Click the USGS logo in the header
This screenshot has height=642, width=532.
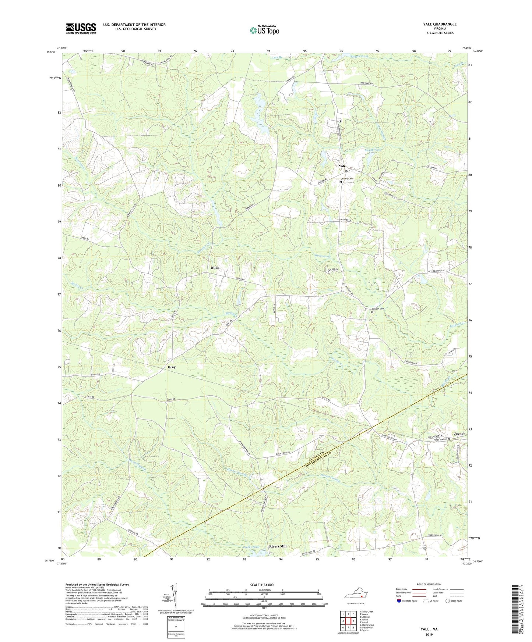point(81,28)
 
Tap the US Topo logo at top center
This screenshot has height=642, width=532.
point(264,31)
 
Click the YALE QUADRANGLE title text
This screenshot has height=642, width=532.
point(440,24)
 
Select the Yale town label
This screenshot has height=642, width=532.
point(342,166)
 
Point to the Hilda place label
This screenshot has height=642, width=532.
point(215,268)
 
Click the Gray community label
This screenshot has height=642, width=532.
point(172,367)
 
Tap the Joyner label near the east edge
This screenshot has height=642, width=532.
point(459,434)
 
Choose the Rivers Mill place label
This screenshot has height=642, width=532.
point(277,546)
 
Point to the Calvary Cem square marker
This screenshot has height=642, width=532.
point(341,182)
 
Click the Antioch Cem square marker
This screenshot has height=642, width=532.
point(371,313)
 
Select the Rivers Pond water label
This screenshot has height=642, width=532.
point(251,547)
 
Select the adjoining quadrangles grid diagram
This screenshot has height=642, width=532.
point(348,621)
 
